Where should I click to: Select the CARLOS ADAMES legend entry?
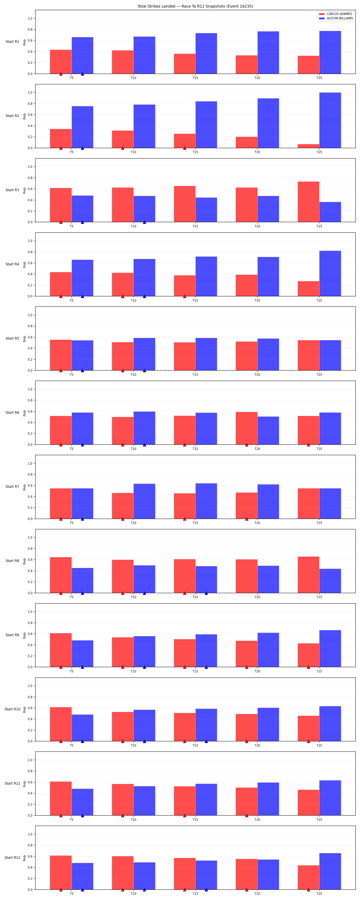(336, 14)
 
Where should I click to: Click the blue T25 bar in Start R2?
(330, 120)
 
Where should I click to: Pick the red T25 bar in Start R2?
(308, 146)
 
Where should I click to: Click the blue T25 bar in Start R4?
(330, 274)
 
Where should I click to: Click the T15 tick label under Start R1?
(195, 78)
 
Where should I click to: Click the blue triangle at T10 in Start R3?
(144, 222)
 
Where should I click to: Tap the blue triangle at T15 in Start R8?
(206, 593)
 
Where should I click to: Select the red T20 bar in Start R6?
(246, 428)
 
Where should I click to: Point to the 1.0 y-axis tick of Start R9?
(30, 612)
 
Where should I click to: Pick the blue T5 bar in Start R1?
(82, 56)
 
